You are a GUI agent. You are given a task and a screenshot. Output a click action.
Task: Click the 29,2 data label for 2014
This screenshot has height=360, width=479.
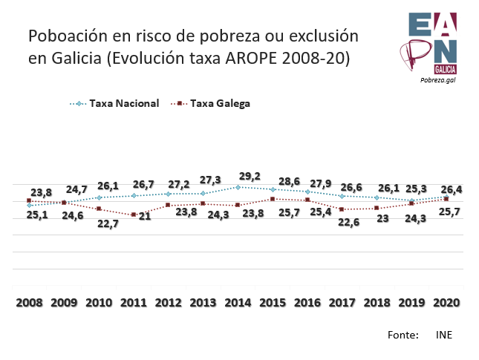[x=249, y=177]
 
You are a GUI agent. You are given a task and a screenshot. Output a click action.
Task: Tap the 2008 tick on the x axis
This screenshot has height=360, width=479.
[x=29, y=303]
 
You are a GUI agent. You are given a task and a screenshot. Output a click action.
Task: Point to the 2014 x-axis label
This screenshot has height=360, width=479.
[x=238, y=303]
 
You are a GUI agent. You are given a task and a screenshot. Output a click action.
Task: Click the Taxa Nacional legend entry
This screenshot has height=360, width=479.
[x=124, y=104]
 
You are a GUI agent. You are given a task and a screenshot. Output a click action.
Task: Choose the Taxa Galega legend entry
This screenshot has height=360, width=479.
[x=221, y=104]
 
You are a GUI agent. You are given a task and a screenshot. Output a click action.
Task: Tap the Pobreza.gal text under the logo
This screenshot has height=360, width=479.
[x=437, y=79]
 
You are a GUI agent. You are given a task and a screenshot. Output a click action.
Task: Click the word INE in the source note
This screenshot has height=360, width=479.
[x=444, y=335]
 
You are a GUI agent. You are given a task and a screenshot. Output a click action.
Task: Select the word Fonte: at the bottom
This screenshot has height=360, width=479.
[x=403, y=335]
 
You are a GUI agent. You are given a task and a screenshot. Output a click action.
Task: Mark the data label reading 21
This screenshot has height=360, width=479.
[x=146, y=216]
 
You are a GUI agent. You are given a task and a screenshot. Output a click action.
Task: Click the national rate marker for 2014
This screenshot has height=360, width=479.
[x=238, y=187]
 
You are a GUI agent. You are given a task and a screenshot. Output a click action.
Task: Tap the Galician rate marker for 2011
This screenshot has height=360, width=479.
[x=134, y=215]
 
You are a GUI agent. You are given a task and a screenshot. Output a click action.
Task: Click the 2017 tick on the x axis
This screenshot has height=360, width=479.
[x=342, y=303]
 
